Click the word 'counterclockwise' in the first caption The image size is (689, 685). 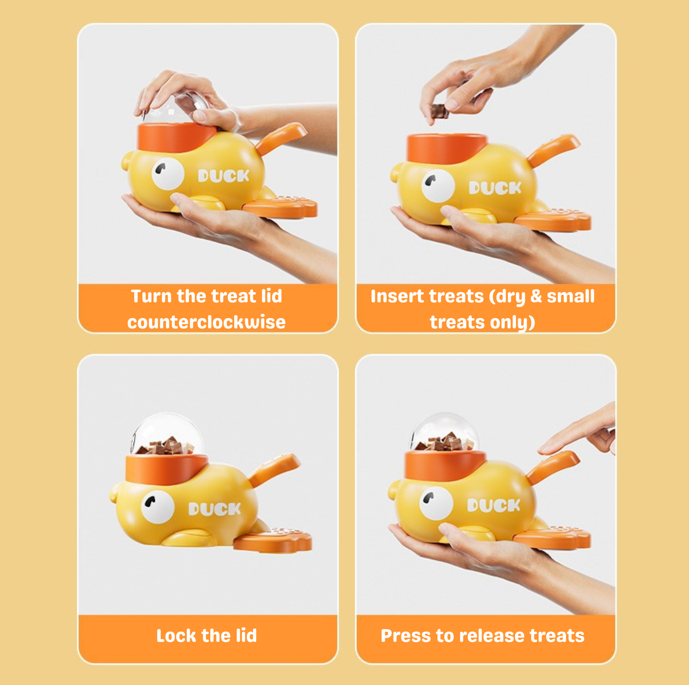[206, 322]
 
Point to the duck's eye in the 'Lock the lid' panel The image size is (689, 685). [158, 507]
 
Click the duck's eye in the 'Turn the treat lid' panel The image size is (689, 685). [168, 173]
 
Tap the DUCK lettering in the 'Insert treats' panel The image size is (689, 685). [495, 188]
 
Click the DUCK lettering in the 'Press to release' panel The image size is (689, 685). [494, 505]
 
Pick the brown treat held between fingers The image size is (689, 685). [440, 111]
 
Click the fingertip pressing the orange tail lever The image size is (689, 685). [544, 450]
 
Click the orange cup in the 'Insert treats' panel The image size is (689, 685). [447, 148]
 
